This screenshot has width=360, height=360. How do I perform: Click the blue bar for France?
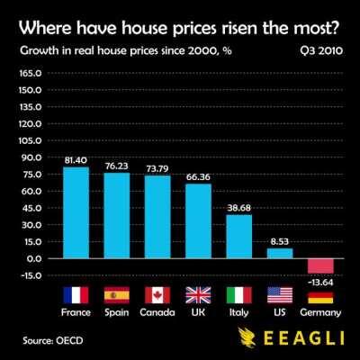click(x=75, y=212)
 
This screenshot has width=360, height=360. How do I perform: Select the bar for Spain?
click(x=116, y=215)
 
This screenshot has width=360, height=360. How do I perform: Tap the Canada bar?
click(x=157, y=217)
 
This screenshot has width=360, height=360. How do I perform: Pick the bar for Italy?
click(x=238, y=236)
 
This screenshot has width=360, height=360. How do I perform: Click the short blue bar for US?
click(x=280, y=253)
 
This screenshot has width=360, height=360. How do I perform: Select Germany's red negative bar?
click(x=320, y=265)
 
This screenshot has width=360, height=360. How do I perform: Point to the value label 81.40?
click(x=75, y=159)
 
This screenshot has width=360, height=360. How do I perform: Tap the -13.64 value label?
click(x=319, y=281)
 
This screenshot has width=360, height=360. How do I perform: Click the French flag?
click(x=75, y=295)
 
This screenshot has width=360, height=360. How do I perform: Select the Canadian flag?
click(x=157, y=295)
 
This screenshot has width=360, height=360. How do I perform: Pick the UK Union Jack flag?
click(x=198, y=295)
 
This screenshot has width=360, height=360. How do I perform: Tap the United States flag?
click(x=280, y=295)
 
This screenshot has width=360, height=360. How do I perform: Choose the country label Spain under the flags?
click(x=116, y=313)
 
